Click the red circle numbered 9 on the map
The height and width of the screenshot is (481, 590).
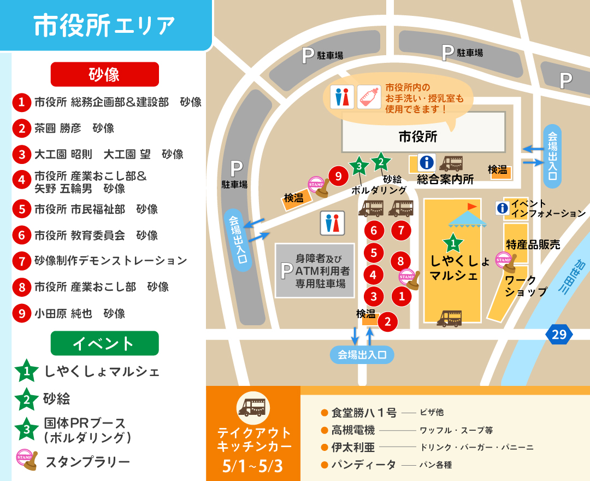pos(338,176)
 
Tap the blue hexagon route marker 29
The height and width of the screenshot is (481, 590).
pos(559,334)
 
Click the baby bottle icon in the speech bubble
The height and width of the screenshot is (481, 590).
pos(369,96)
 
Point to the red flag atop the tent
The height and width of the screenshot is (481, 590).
pos(471,206)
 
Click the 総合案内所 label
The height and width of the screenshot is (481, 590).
pos(445,179)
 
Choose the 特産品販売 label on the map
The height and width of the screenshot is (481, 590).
pos(533,244)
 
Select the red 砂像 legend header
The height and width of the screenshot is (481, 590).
pos(104,74)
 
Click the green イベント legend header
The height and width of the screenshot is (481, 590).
pos(104,343)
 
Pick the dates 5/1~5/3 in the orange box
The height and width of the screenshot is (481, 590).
pos(253,467)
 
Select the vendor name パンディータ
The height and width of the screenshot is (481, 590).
pos(363,465)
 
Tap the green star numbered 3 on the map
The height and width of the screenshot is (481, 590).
pos(358,166)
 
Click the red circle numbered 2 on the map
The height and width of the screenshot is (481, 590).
pos(387,321)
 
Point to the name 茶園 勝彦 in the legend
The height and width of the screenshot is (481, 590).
pos(57,128)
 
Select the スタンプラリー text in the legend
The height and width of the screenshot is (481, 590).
pos(87,462)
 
